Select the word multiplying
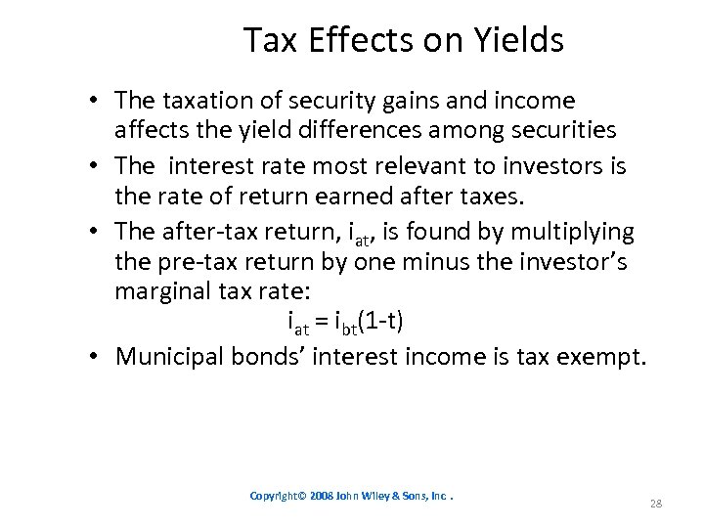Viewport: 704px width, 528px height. (571, 233)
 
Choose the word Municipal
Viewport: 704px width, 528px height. (169, 357)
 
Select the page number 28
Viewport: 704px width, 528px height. (656, 504)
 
